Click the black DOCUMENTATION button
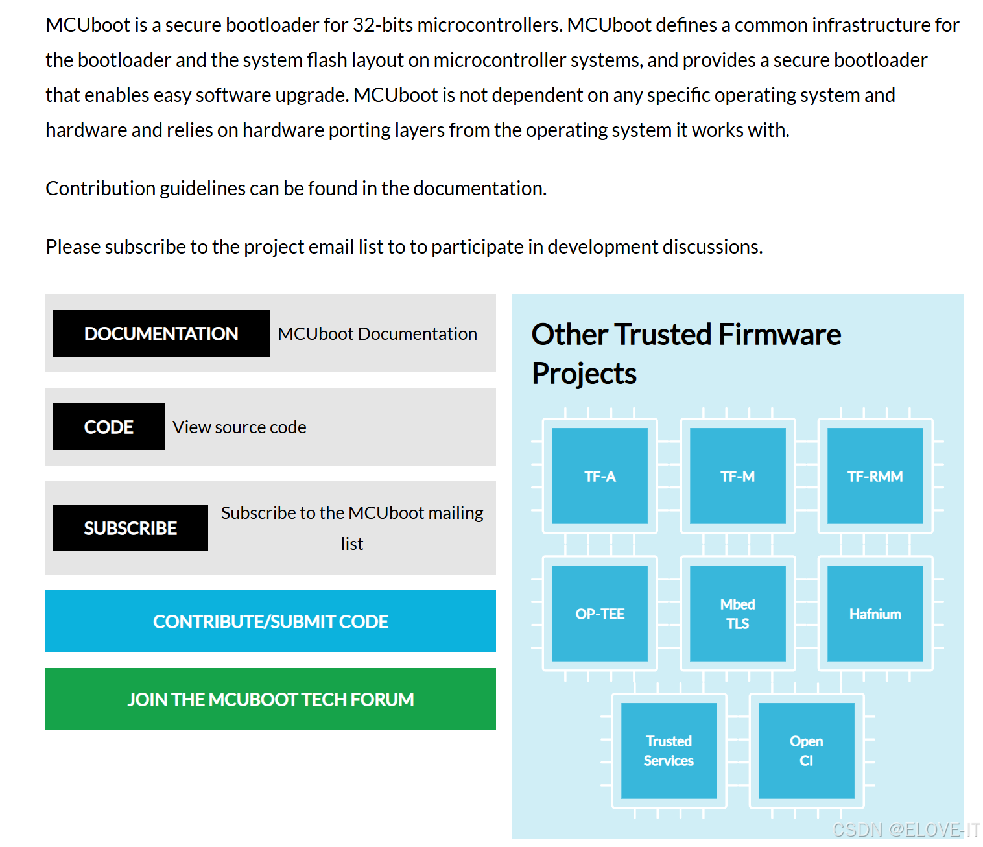coord(161,333)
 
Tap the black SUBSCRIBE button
coord(130,528)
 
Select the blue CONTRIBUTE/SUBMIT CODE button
coord(270,621)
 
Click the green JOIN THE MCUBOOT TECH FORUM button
coord(270,699)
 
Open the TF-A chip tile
coord(600,476)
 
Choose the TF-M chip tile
coord(737,476)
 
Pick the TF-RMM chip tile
coord(875,476)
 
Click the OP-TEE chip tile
coord(600,614)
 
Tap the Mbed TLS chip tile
coord(737,614)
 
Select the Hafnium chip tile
coord(875,614)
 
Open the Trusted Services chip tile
coord(669,750)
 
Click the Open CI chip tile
coord(806,750)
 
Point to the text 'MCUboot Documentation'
coord(377,333)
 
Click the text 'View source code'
coord(239,427)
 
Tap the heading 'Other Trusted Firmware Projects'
coord(686,353)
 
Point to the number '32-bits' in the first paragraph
coord(382,25)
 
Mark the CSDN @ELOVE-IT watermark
coord(906,829)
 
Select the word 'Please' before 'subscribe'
coord(73,246)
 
